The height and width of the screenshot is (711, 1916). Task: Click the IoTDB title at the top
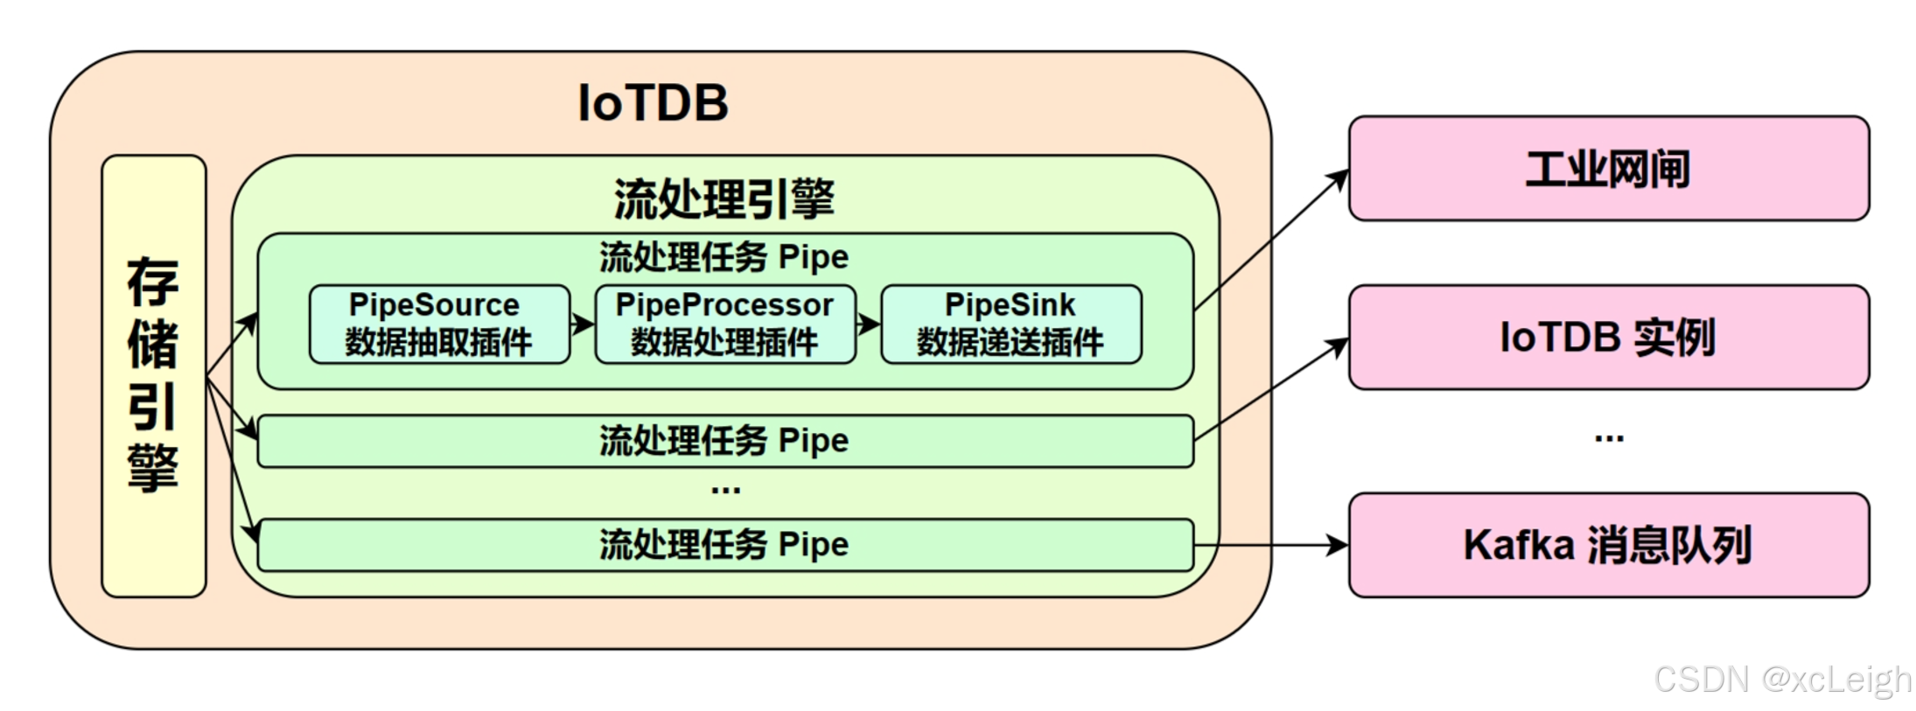[653, 103]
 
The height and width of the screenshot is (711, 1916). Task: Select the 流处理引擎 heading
[724, 199]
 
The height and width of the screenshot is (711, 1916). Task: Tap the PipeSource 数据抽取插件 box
[439, 324]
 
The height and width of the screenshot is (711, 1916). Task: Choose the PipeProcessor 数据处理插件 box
[724, 324]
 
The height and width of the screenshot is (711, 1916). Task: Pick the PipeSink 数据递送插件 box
[1010, 324]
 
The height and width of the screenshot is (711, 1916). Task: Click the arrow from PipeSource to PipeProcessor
[583, 324]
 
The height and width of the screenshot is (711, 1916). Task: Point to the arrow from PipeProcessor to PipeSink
[868, 324]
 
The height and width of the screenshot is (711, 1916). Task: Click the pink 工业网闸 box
[1608, 168]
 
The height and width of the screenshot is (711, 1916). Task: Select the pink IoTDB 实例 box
[1608, 337]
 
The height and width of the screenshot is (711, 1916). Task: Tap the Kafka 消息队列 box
[1608, 545]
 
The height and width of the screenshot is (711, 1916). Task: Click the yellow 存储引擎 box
[154, 376]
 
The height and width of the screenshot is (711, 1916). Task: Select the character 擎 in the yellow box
[153, 468]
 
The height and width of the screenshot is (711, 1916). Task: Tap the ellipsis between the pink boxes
[1608, 437]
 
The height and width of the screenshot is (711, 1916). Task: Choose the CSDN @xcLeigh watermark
[1781, 680]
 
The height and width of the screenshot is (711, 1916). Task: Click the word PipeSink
[1010, 304]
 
